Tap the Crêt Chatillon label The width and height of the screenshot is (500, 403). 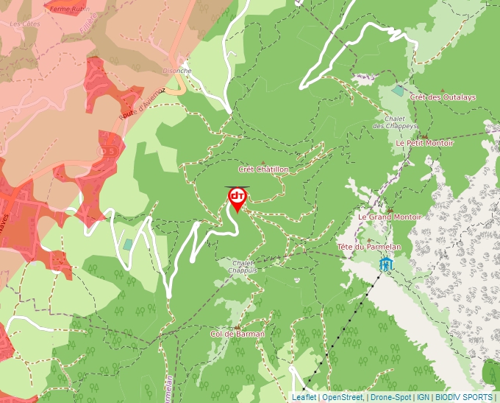[x=263, y=169]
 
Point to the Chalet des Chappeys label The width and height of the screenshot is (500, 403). [x=394, y=122]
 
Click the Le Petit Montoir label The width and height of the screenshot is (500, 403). [x=424, y=143]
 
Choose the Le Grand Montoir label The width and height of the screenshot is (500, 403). [x=389, y=217]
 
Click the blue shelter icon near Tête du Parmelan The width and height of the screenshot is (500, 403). [x=385, y=263]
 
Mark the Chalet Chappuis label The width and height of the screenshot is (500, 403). [x=243, y=267]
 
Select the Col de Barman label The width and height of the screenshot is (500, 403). [x=237, y=334]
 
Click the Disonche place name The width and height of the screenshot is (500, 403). [x=176, y=71]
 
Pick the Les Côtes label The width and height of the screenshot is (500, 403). [x=24, y=24]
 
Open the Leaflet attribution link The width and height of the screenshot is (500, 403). [x=304, y=397]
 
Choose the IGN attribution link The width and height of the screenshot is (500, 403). [x=423, y=397]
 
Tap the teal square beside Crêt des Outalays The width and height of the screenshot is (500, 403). [x=398, y=91]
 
